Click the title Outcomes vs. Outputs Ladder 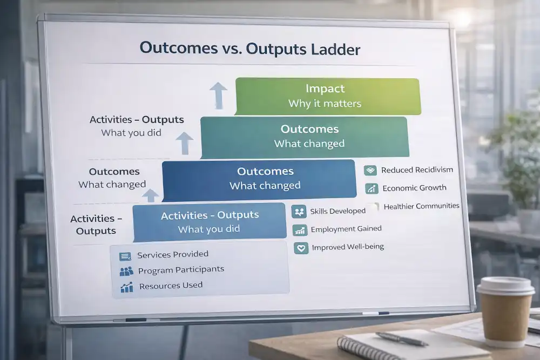[x=249, y=49]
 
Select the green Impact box [x=327, y=96]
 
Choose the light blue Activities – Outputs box [x=210, y=221]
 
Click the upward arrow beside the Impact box [x=218, y=95]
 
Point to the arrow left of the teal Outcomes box [x=184, y=142]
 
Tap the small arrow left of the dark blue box [x=151, y=195]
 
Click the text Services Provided [x=172, y=254]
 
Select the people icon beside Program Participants [x=126, y=271]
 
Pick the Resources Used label [x=171, y=286]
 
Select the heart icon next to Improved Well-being [x=300, y=248]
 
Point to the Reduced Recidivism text [x=416, y=170]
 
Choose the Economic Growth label [x=414, y=188]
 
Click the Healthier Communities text [x=421, y=206]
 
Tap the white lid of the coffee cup [x=506, y=286]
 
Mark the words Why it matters [x=325, y=104]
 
